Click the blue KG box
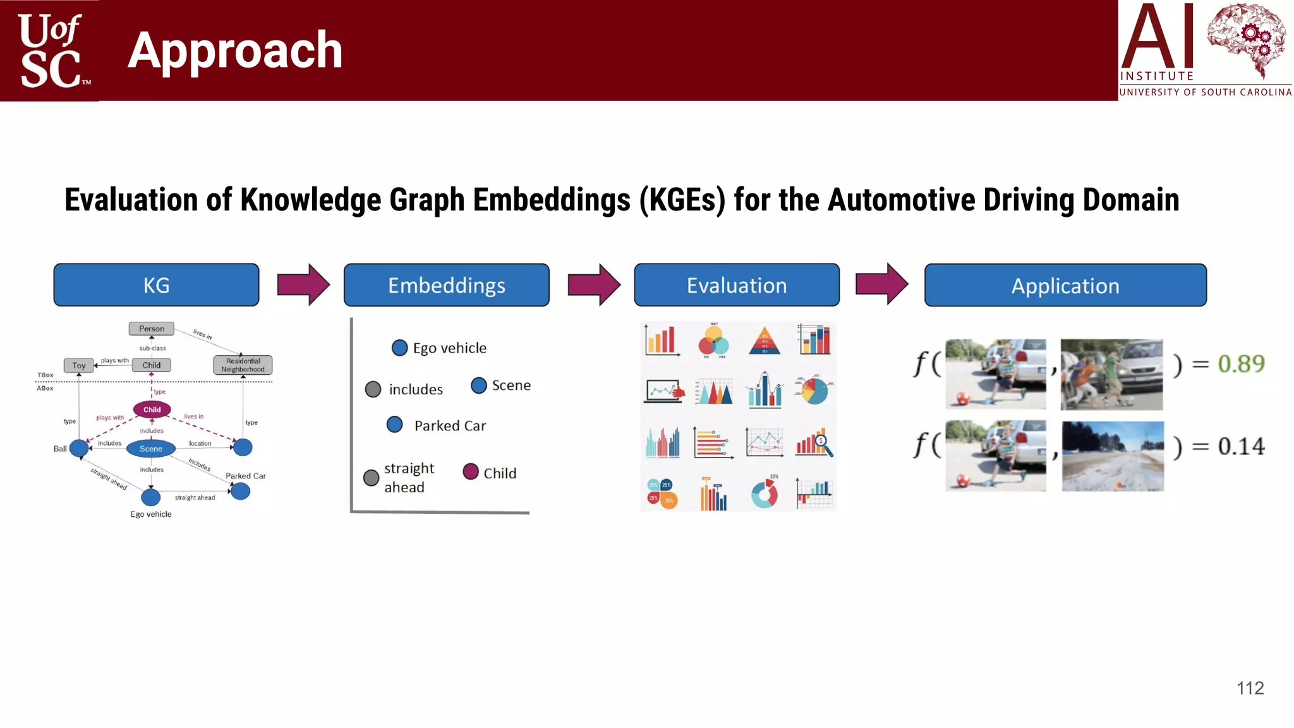click(156, 285)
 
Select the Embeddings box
click(446, 285)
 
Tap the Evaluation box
click(737, 285)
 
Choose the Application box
click(1065, 286)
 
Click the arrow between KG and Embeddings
click(303, 284)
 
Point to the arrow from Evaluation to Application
click(881, 284)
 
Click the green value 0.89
click(1241, 364)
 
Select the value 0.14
click(1241, 446)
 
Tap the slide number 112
click(1250, 688)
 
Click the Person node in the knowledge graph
click(152, 329)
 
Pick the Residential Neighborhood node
click(243, 365)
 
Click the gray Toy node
click(78, 365)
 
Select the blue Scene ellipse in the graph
click(151, 449)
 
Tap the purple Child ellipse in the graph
click(152, 409)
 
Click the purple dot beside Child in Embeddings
click(471, 471)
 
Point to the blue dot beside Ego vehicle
click(399, 348)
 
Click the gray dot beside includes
click(373, 389)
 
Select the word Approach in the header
click(235, 50)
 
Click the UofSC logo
click(51, 51)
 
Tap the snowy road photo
click(1113, 456)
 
